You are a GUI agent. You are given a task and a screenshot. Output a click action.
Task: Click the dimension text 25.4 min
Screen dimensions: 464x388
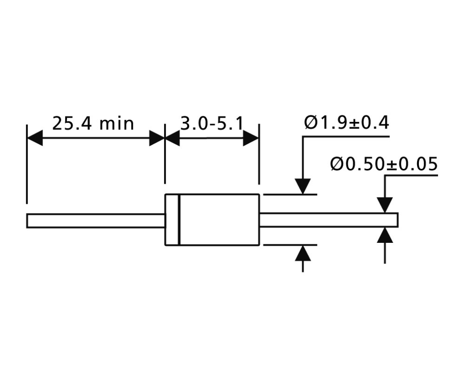(93, 123)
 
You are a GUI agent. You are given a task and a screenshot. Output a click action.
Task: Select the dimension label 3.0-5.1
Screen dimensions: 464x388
(212, 123)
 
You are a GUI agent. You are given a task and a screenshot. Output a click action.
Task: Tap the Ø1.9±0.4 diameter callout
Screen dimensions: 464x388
(346, 123)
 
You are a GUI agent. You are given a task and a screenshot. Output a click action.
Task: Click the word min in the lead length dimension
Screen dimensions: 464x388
(117, 124)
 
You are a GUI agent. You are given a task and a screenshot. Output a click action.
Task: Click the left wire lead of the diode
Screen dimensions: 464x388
(96, 221)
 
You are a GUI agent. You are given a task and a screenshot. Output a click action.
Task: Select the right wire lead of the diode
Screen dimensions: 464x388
(329, 220)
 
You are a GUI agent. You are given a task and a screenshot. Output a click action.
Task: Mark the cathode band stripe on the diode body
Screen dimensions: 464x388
(179, 220)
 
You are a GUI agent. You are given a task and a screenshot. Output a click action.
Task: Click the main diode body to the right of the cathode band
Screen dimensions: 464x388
(219, 220)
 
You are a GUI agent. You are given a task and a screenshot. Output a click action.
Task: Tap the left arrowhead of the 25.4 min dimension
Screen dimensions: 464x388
(34, 138)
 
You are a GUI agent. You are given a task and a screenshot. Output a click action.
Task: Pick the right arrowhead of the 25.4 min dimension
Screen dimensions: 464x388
(157, 138)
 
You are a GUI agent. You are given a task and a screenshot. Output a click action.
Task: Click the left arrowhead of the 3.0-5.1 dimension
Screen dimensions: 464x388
(172, 138)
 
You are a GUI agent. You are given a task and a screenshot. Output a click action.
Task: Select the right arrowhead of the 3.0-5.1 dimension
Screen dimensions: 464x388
(251, 138)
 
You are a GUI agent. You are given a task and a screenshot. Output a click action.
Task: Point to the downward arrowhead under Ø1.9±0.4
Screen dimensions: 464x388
(303, 186)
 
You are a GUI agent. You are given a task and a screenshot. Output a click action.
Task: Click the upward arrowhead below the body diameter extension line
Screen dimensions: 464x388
(303, 253)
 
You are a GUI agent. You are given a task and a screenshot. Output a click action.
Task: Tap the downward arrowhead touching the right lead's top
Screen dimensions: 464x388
(384, 205)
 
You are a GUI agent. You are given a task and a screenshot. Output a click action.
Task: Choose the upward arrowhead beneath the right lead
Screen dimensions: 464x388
(384, 235)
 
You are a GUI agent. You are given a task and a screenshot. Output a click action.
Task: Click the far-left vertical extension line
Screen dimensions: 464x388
(27, 164)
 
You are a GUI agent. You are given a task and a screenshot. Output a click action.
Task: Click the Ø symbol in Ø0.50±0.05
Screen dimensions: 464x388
(337, 164)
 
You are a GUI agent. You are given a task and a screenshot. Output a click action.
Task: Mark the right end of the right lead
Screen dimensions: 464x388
(398, 220)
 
